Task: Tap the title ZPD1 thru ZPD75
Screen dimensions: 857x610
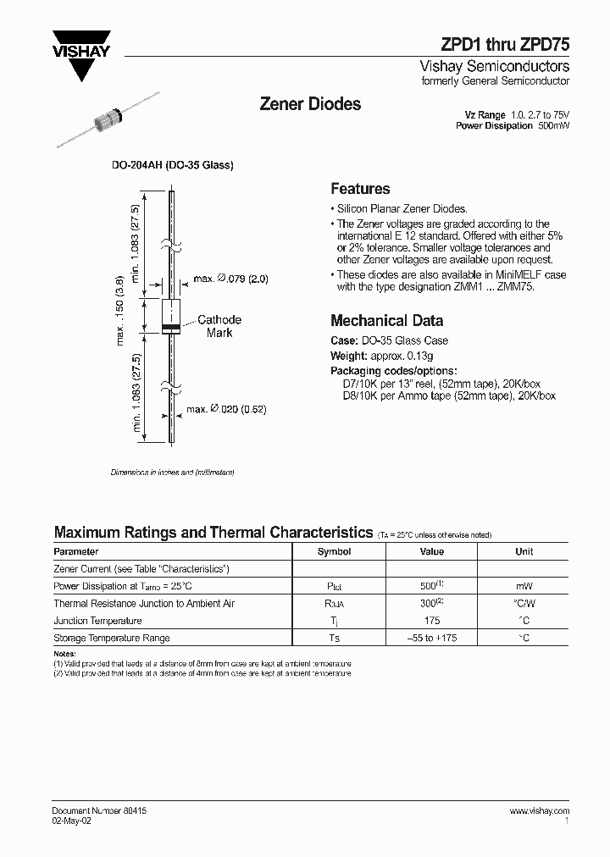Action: (x=505, y=47)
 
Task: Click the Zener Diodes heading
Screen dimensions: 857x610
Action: (x=309, y=104)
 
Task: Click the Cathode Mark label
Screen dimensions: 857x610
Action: (x=219, y=326)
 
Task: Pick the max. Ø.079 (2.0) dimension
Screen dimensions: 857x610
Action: (x=231, y=279)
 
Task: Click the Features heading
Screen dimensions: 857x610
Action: (x=360, y=189)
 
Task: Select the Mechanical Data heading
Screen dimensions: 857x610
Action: (x=386, y=321)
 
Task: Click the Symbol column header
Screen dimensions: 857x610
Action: (x=334, y=551)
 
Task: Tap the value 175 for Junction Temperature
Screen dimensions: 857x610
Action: (x=432, y=621)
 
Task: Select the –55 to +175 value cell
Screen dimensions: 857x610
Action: (x=432, y=639)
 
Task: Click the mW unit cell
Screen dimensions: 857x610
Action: (x=524, y=586)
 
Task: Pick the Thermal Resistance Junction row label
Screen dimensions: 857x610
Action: (x=144, y=604)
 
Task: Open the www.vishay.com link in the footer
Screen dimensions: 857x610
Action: (x=539, y=811)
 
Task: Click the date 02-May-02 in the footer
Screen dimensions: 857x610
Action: (x=72, y=821)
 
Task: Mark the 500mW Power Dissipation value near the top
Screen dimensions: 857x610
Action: (x=553, y=126)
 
